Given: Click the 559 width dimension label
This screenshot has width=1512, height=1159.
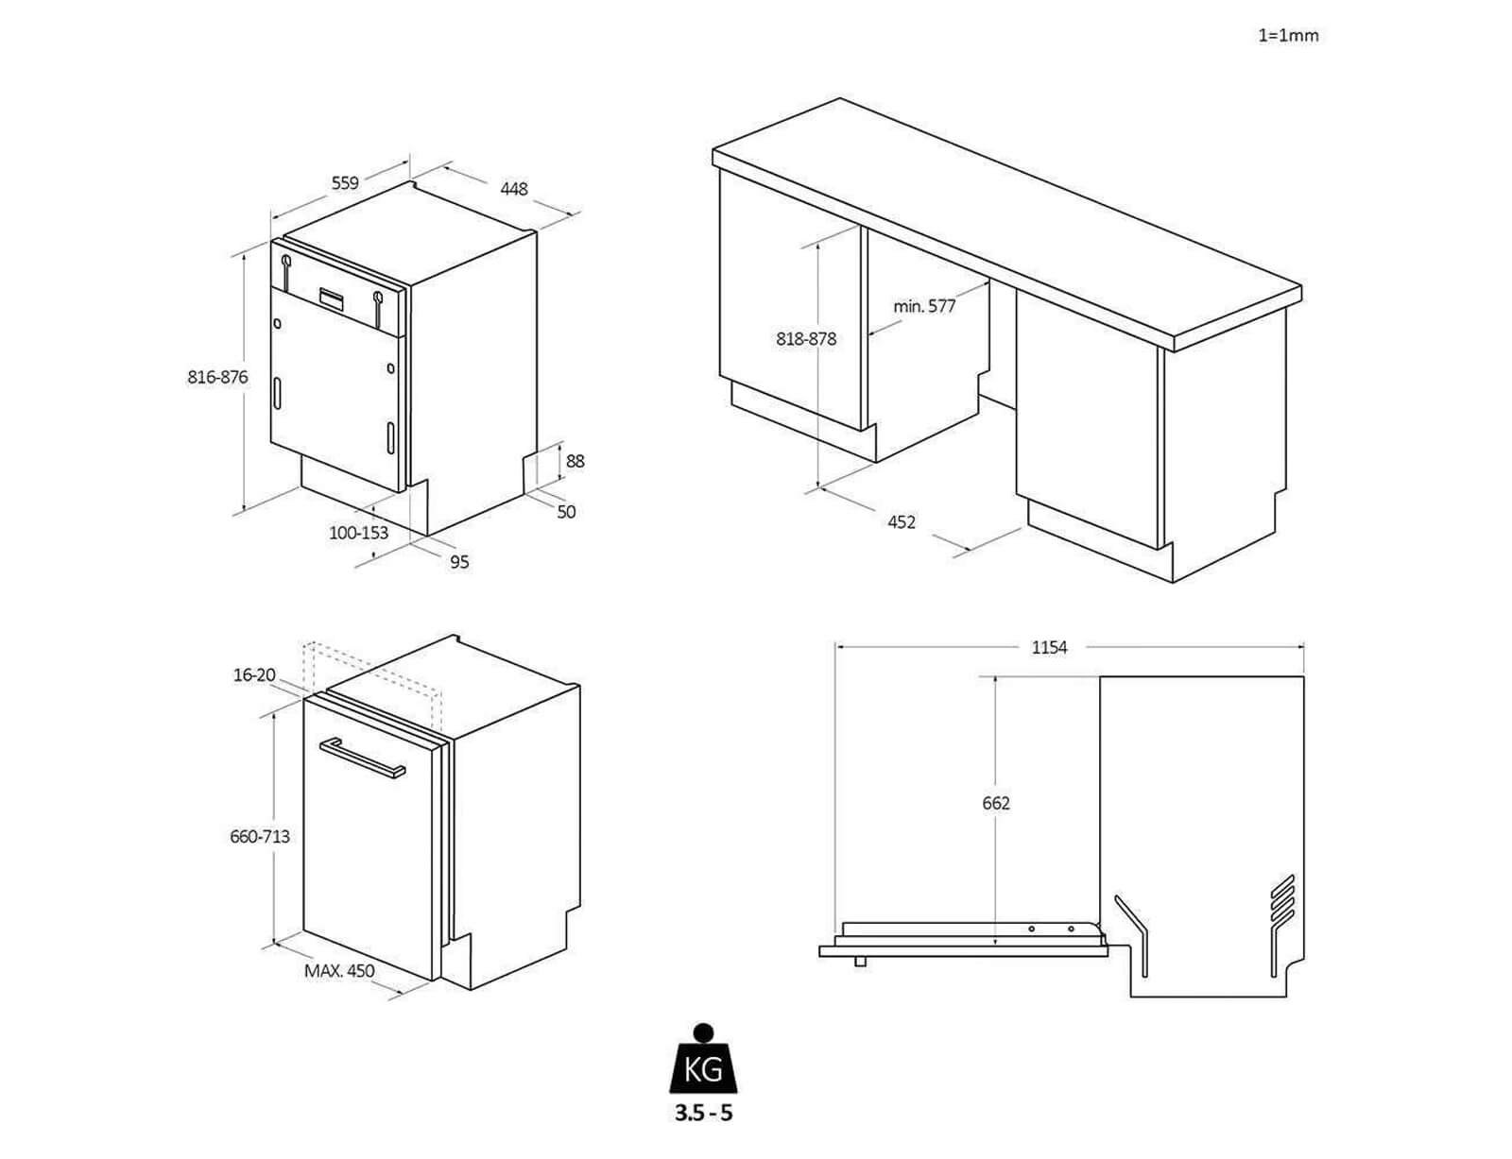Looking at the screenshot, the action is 344,183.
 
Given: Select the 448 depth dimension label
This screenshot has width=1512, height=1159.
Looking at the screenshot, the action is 513,188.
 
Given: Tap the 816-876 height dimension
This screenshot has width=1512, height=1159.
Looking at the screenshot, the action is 217,377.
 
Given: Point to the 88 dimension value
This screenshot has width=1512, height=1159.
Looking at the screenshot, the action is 575,461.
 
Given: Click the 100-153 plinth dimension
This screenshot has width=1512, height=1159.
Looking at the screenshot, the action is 358,533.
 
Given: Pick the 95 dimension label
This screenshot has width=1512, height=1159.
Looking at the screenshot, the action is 459,562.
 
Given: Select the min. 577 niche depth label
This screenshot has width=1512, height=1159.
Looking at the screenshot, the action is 924,306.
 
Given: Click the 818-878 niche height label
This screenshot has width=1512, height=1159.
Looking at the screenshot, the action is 806,338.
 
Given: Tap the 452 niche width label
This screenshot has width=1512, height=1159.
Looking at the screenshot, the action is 902,521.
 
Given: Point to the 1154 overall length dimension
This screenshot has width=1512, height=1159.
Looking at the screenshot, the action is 1049,647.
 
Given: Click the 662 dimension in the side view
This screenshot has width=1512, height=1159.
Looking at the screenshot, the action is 996,803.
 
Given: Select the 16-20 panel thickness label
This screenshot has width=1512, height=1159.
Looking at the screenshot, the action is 254,674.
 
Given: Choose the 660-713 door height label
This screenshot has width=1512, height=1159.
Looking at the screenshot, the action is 260,836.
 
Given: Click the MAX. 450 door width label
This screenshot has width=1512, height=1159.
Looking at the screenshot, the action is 339,971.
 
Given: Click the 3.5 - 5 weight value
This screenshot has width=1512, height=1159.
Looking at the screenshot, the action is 703,1113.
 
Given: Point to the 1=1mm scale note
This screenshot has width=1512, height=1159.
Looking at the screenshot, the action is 1288,36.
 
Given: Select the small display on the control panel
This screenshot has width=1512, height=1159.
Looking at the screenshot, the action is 332,296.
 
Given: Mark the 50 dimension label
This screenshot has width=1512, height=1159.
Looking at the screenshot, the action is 566,512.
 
